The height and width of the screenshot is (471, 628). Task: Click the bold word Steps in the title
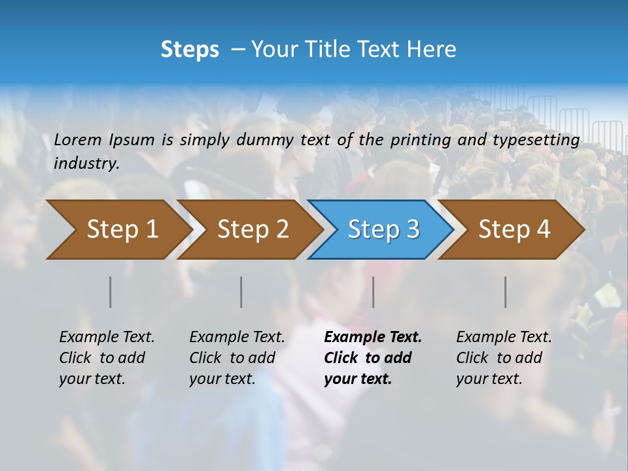pyautogui.click(x=190, y=50)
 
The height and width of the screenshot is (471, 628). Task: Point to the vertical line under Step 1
pyautogui.click(x=111, y=292)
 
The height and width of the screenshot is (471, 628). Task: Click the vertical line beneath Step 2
pyautogui.click(x=241, y=292)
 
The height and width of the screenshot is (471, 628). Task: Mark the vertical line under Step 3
pyautogui.click(x=373, y=292)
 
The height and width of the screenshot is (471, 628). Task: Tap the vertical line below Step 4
pyautogui.click(x=505, y=292)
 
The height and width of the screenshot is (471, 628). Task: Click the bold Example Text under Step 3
pyautogui.click(x=373, y=338)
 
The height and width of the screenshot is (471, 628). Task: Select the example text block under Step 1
pyautogui.click(x=107, y=358)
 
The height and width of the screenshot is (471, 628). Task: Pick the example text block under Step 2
pyautogui.click(x=237, y=358)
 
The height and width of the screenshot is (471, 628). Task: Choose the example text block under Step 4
pyautogui.click(x=504, y=358)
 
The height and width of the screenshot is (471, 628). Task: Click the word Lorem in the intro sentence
pyautogui.click(x=78, y=139)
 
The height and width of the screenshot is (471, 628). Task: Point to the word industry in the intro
pyautogui.click(x=86, y=164)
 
